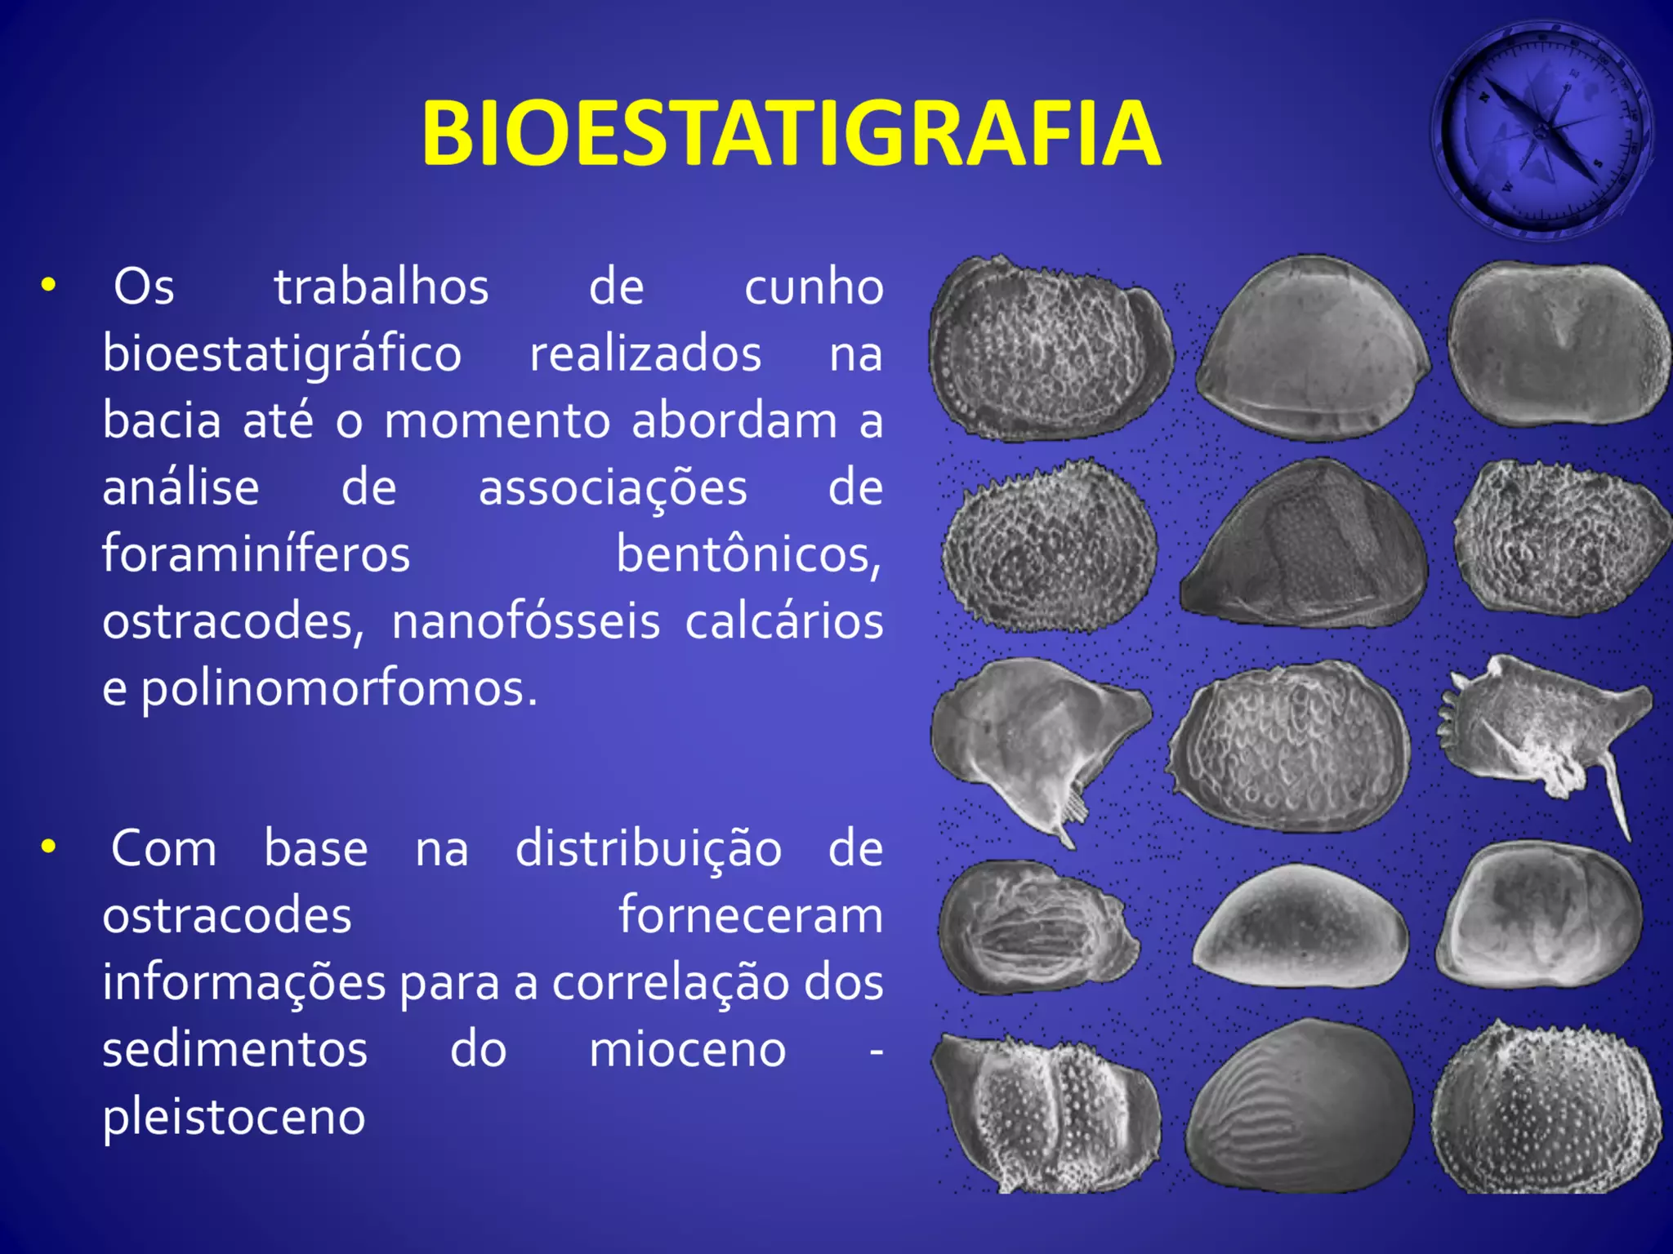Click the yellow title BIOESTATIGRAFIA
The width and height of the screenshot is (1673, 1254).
pos(791,133)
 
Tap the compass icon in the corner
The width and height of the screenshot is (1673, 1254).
pos(1542,131)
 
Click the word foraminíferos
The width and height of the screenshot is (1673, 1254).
pos(256,554)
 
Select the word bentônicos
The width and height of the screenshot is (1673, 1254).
pos(748,554)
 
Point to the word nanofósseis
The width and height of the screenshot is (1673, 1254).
pos(525,621)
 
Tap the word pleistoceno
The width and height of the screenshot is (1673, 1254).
pos(234,1117)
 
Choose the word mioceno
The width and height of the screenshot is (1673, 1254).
pos(687,1049)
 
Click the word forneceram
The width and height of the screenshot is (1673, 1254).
pos(750,915)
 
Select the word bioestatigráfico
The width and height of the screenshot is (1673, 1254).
pos(282,354)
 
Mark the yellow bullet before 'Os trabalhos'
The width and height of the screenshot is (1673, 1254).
pos(49,286)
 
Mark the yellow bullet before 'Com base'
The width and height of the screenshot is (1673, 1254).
pos(49,847)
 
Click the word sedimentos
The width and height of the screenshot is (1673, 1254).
pos(234,1049)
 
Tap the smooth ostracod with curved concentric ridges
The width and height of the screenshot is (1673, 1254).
pos(1299,1106)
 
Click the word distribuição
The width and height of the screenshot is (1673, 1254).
pos(648,849)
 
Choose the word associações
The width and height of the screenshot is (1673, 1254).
pos(613,488)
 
